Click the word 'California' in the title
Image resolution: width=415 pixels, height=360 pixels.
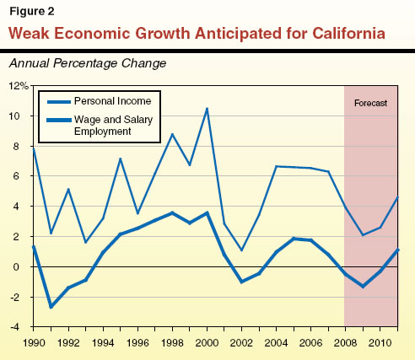333,35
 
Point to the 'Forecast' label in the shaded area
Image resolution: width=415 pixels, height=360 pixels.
370,103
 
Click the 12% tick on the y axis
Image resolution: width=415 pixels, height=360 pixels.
19,86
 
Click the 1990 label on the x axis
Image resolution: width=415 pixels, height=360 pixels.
33,344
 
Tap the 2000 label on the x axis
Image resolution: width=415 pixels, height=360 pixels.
206,344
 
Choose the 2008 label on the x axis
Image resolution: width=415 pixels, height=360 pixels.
344,344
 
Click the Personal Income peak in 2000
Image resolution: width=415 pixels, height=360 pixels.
207,109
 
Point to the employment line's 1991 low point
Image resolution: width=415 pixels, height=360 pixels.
51,307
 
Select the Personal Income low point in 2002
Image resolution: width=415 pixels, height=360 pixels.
241,250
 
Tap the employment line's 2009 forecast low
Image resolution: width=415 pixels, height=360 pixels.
362,287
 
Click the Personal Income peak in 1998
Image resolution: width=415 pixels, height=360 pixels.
172,134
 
